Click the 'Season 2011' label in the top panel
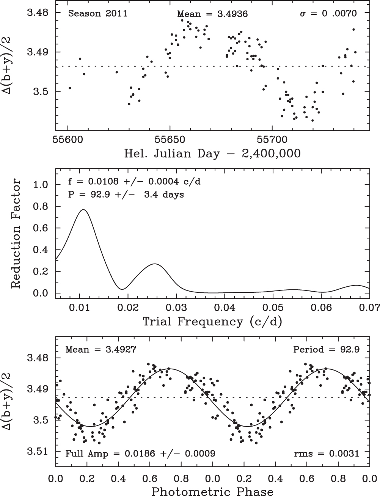(x=97, y=14)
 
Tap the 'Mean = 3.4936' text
(x=212, y=14)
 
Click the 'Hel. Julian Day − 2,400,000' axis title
(x=212, y=154)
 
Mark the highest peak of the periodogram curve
(x=83, y=210)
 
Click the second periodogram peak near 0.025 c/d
(x=155, y=264)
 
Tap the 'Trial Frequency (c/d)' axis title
(x=212, y=322)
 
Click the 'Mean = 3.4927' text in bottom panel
(x=99, y=349)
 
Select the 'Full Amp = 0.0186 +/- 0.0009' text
(x=141, y=453)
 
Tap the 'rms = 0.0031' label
(x=327, y=453)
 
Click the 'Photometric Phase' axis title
(x=212, y=491)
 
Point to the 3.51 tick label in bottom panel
(x=38, y=452)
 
